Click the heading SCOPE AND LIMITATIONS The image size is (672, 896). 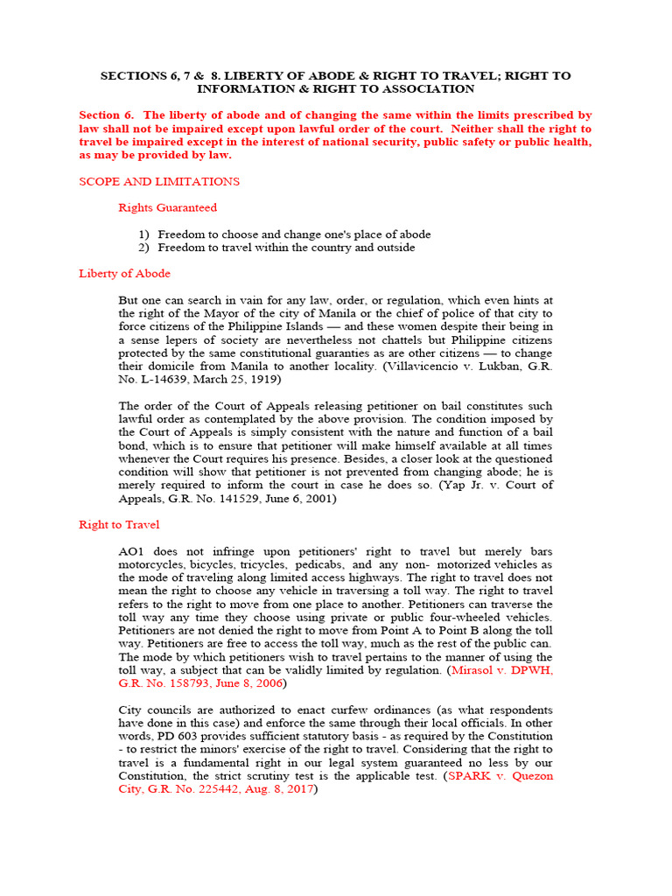pyautogui.click(x=158, y=181)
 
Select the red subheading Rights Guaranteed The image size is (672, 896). pyautogui.click(x=167, y=207)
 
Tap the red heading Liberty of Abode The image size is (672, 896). pyautogui.click(x=124, y=273)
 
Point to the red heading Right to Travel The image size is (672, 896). pyautogui.click(x=119, y=524)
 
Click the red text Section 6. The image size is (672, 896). pyautogui.click(x=104, y=115)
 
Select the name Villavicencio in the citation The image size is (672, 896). pyautogui.click(x=415, y=366)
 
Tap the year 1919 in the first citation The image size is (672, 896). pyautogui.click(x=266, y=379)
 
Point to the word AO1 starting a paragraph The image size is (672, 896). pyautogui.click(x=134, y=551)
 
